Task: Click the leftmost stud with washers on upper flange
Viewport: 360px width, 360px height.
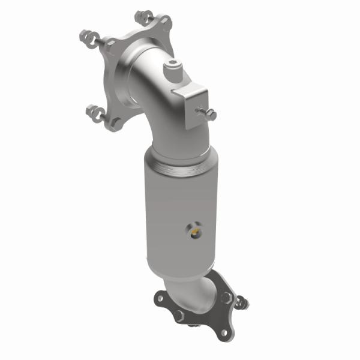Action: [88, 37]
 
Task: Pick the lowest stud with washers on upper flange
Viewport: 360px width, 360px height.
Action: [97, 112]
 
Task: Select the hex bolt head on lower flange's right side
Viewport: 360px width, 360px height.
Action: [226, 298]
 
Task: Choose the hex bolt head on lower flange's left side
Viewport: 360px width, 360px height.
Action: [179, 314]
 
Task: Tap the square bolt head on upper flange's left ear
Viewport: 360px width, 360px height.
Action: [111, 44]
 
